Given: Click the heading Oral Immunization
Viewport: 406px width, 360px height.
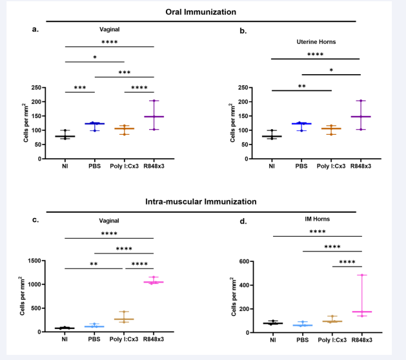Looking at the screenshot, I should (x=199, y=12).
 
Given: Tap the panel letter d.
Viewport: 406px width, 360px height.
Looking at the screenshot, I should (x=242, y=221).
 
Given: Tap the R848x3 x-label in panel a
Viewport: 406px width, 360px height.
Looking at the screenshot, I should (x=154, y=166).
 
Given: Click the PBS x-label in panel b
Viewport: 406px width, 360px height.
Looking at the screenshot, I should (x=301, y=166).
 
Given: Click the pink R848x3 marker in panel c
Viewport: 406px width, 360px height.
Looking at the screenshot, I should (x=154, y=282).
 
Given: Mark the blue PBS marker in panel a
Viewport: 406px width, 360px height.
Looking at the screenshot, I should (x=94, y=123).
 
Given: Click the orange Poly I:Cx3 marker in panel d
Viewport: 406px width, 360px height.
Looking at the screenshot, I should (x=332, y=321).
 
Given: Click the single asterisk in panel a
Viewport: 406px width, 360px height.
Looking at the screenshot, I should (x=95, y=57).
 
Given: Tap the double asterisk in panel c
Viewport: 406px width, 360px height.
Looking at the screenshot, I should (x=94, y=264).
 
